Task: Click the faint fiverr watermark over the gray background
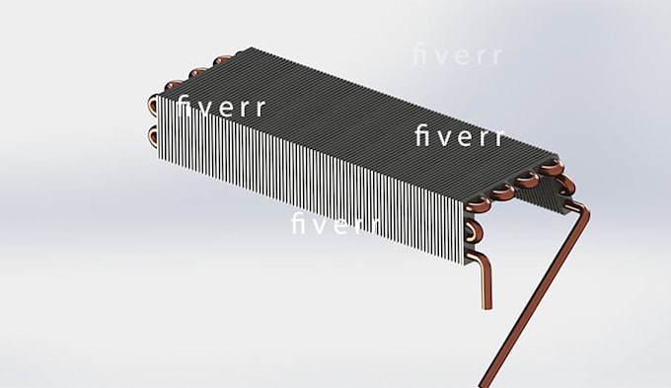(455, 55)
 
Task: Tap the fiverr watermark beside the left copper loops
(222, 108)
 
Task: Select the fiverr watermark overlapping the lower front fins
(335, 224)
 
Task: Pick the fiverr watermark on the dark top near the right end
(459, 136)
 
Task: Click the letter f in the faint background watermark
(418, 55)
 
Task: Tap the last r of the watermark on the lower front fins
(374, 225)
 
